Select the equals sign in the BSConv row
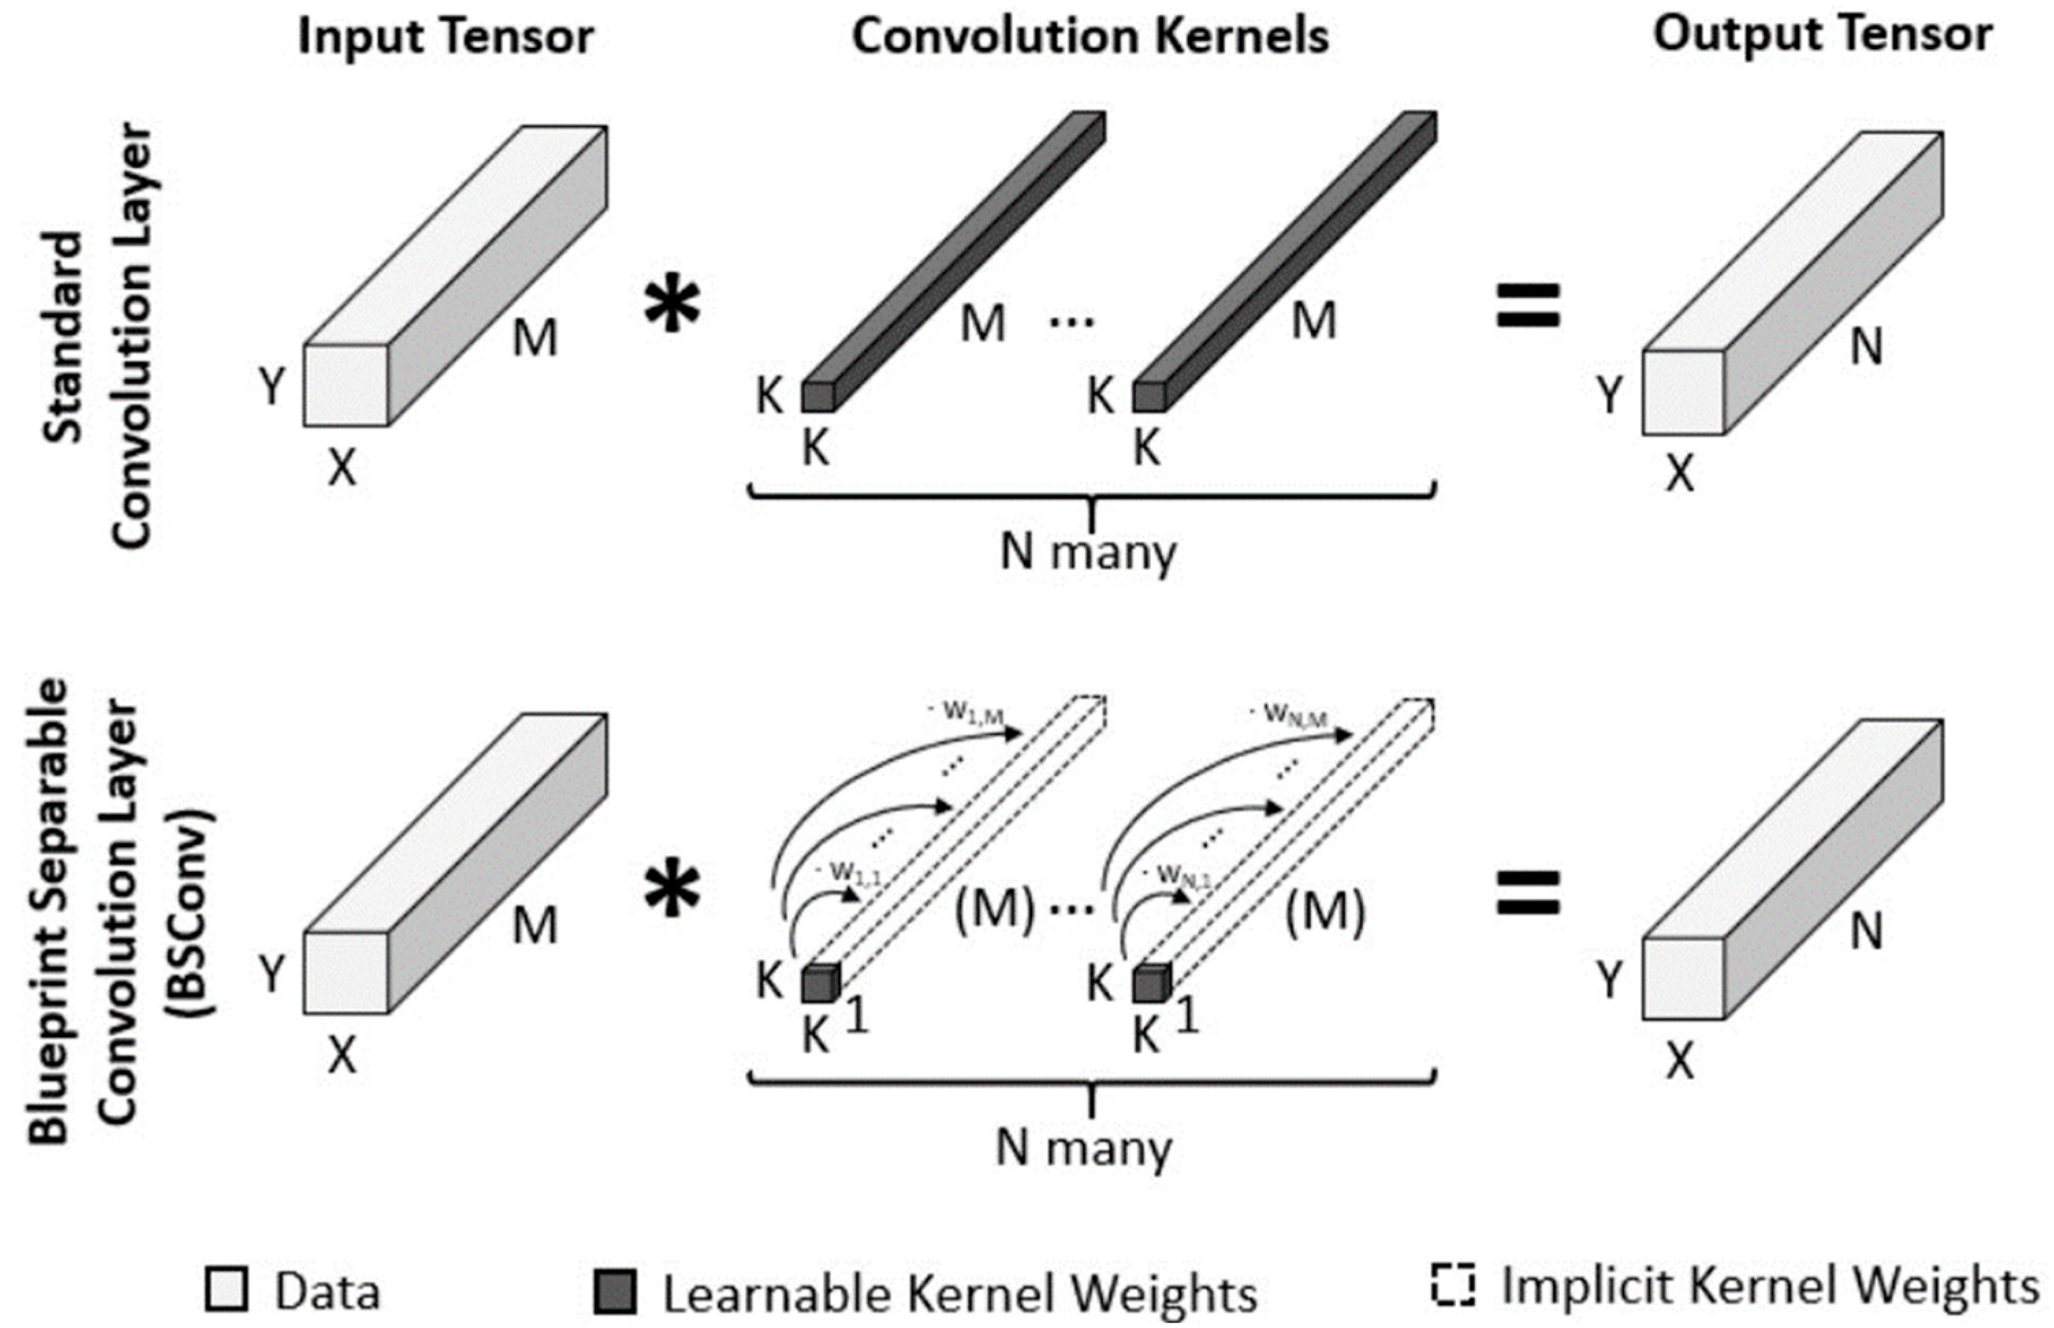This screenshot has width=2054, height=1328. (1527, 893)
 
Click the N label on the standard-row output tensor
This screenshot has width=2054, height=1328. (1866, 348)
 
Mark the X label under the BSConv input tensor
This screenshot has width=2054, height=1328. (342, 1054)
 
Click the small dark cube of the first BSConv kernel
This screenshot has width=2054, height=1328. (820, 984)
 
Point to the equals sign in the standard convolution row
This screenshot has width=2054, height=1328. (1527, 305)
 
